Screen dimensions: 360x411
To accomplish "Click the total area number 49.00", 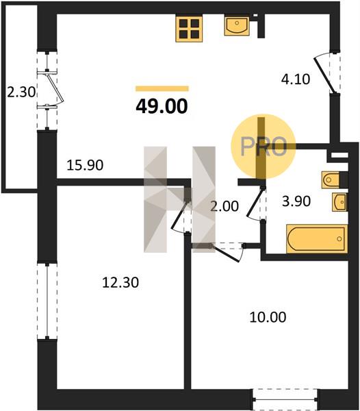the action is (162, 106).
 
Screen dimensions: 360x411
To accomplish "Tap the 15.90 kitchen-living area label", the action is (85, 165).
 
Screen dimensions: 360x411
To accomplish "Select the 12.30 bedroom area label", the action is (120, 282).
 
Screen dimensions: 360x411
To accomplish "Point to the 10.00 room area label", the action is (268, 317).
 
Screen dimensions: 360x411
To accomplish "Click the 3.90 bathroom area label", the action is (296, 201).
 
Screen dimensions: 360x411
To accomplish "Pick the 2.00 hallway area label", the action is (224, 206).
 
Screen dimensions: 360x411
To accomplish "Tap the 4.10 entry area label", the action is (296, 79).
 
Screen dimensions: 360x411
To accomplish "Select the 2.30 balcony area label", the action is (21, 92).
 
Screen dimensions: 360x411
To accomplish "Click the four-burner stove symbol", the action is (189, 29).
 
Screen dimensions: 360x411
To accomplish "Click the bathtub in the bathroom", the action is (317, 239).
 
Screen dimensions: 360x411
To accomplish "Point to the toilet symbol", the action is (331, 179).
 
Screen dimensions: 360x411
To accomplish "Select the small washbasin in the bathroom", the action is (339, 202).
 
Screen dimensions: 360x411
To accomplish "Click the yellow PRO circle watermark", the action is (263, 147).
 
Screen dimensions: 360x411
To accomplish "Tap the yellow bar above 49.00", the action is (162, 88).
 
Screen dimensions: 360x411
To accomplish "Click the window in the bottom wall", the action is (285, 399).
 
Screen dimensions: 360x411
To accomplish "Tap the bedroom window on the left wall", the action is (47, 301).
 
